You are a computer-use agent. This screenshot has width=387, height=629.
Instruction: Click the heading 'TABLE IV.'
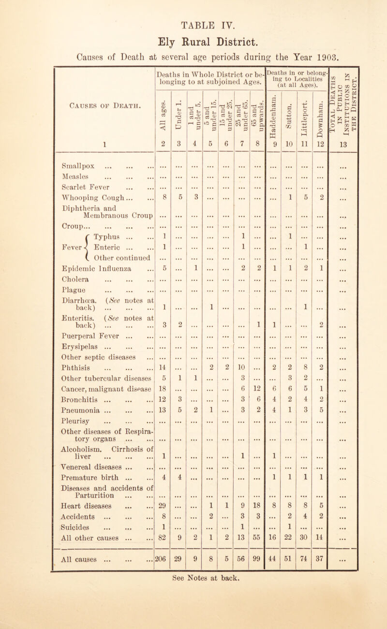(x=193, y=11)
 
